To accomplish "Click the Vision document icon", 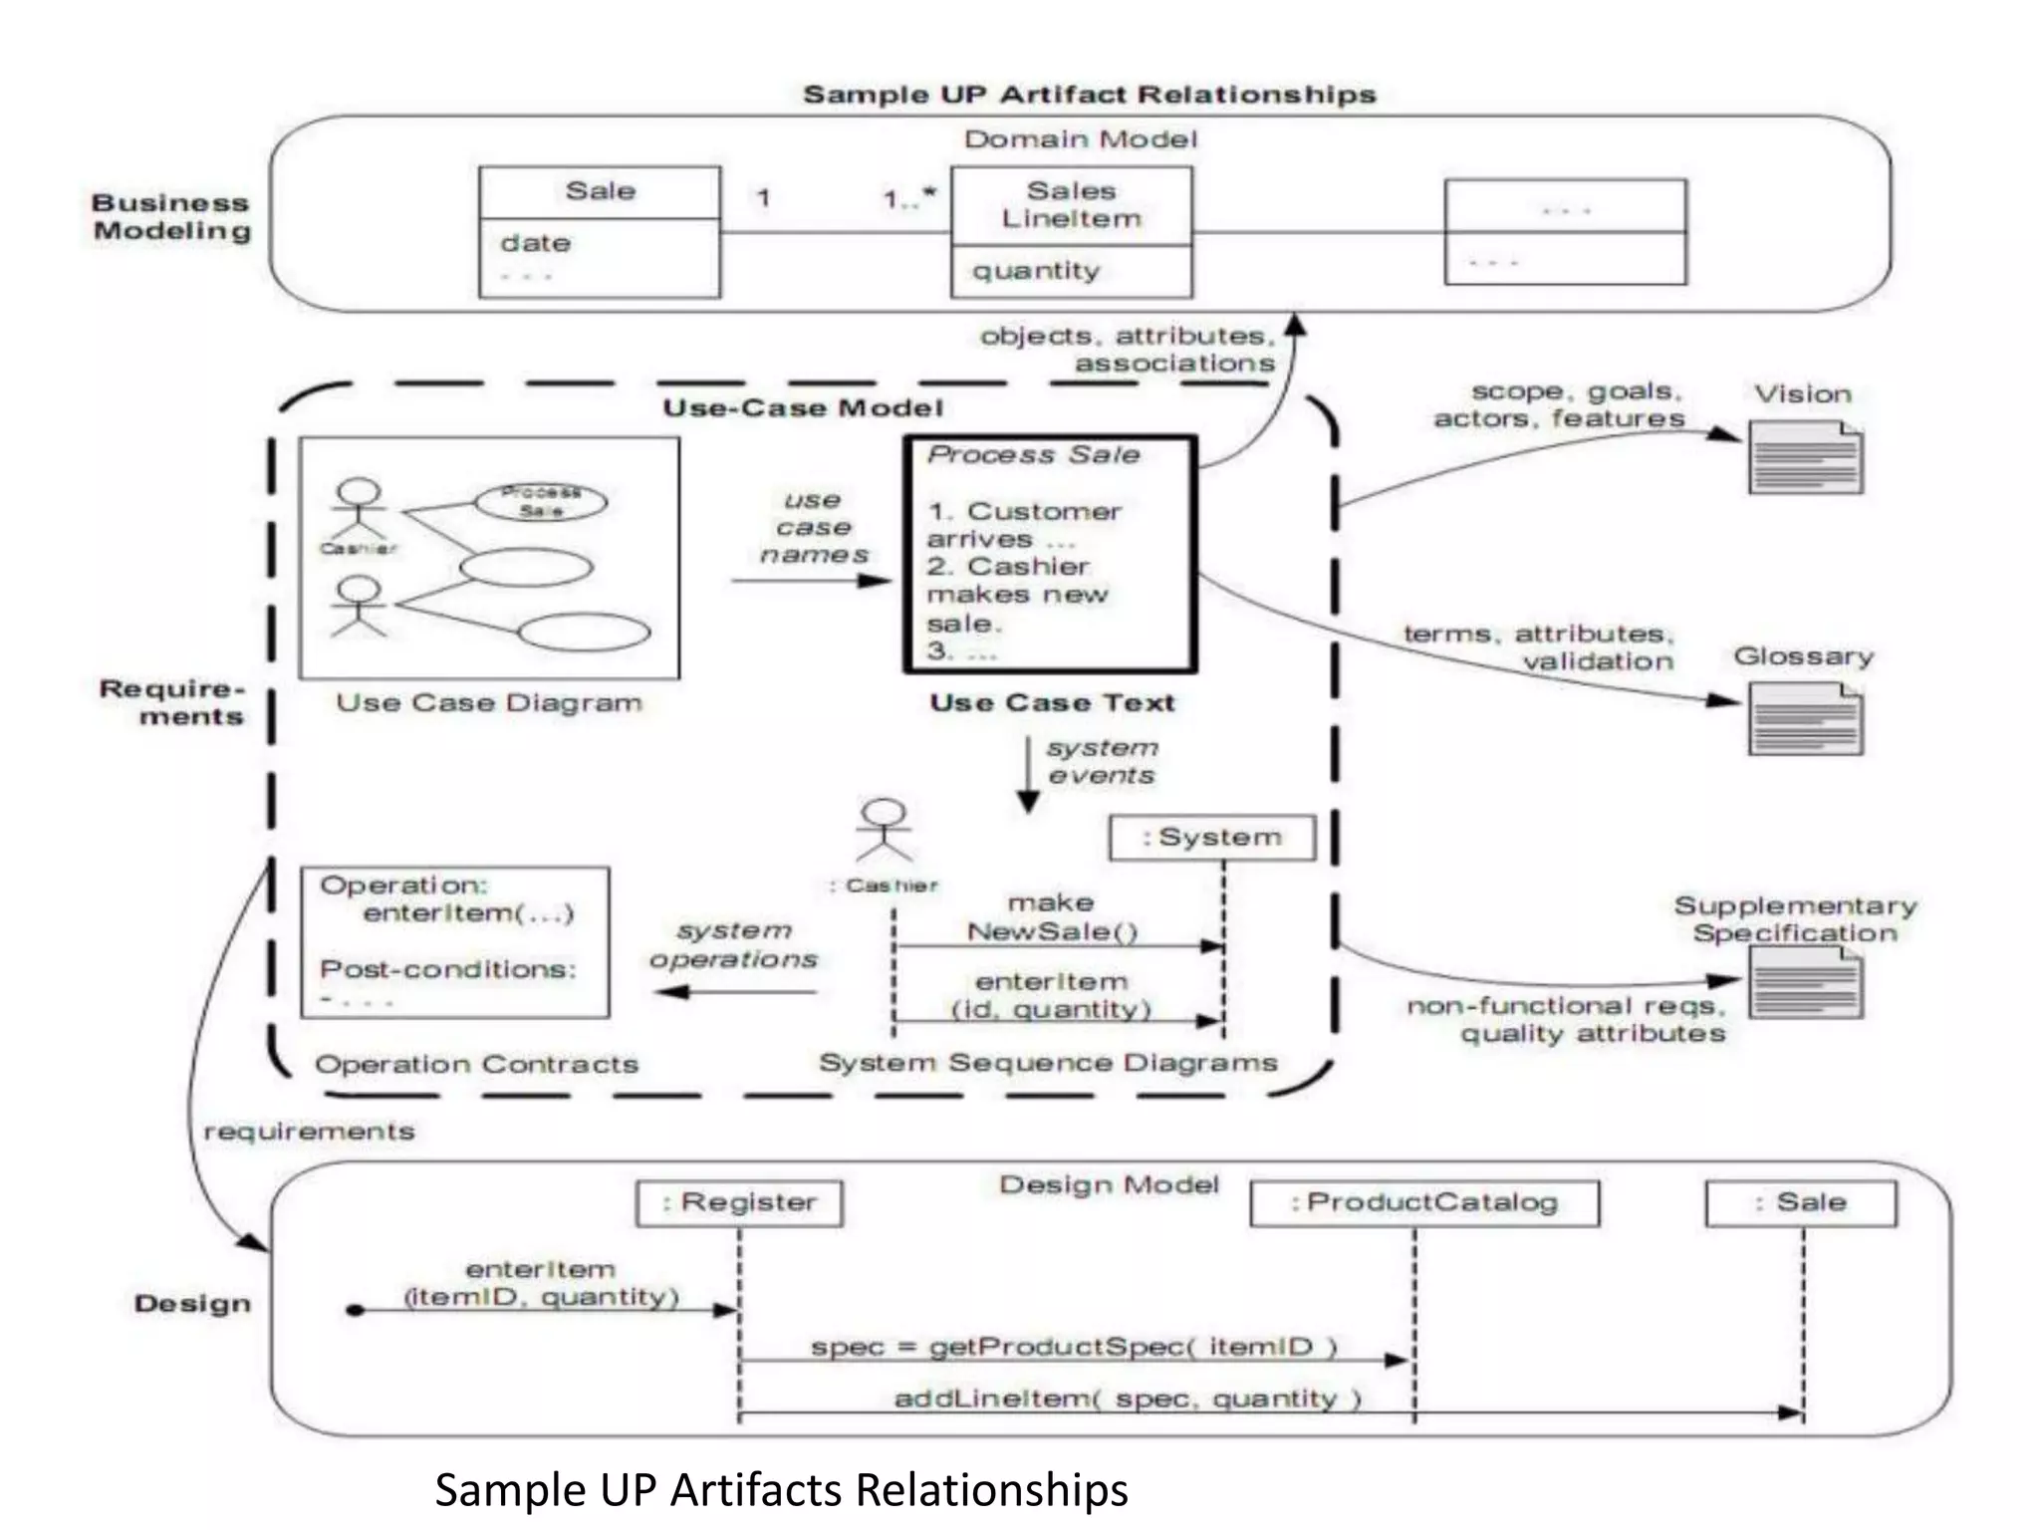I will point(1805,458).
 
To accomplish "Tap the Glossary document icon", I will point(1805,721).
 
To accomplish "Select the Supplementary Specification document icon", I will point(1805,982).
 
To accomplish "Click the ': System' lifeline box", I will point(1212,838).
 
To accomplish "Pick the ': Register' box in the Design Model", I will point(739,1203).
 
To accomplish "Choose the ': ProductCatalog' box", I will point(1424,1203).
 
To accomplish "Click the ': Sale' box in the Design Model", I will point(1801,1203).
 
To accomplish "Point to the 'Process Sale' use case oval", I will point(541,502).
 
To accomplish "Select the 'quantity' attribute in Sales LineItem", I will point(1036,271).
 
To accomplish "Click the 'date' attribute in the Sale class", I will point(536,243).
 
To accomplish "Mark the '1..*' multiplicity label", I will point(909,198).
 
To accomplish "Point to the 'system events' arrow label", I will point(1102,761).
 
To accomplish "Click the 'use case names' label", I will point(814,527).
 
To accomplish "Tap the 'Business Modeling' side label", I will point(171,217).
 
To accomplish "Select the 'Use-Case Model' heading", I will point(803,408).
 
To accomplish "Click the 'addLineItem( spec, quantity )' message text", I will point(1128,1399).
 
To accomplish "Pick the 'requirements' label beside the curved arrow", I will point(309,1132).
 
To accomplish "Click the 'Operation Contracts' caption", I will point(476,1064).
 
